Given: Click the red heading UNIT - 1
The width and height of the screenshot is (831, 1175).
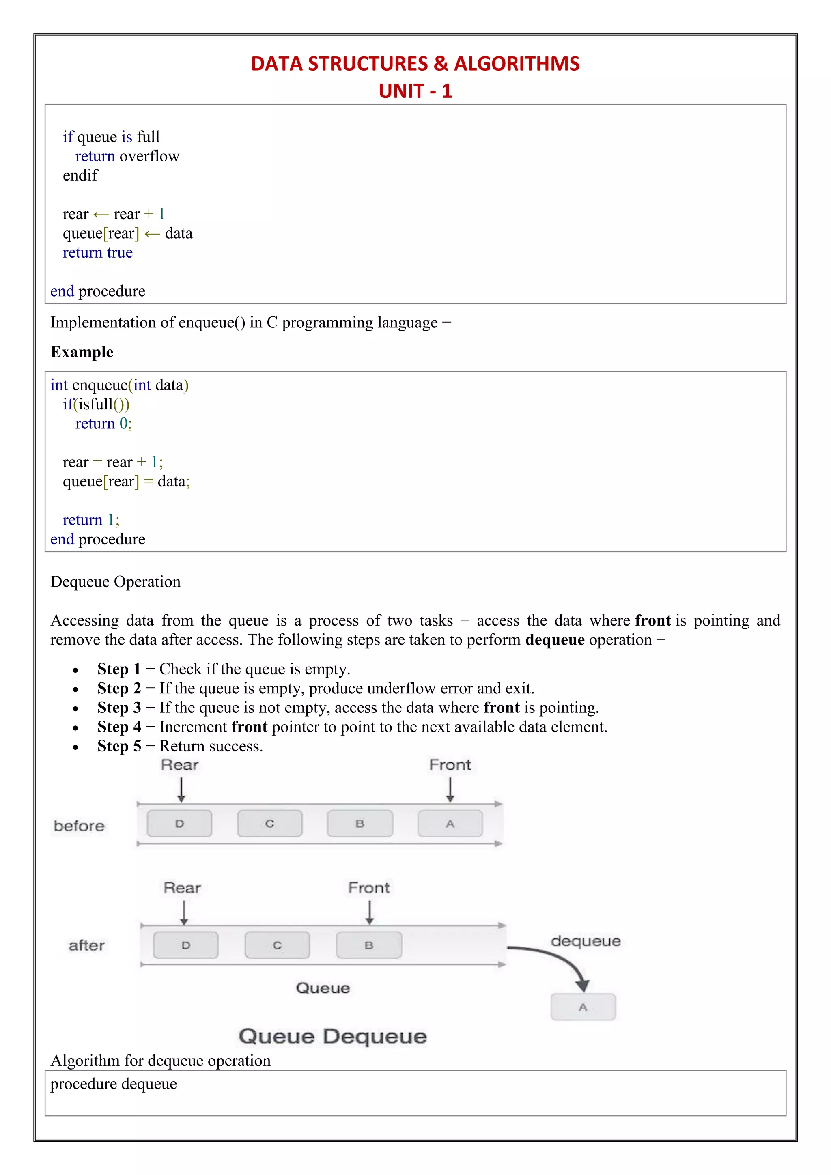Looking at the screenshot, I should [x=415, y=91].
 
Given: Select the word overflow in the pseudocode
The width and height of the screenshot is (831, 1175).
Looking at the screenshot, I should [x=149, y=156].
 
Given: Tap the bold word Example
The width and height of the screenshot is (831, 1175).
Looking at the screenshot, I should [x=82, y=352].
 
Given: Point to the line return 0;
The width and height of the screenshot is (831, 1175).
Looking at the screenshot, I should [x=103, y=424].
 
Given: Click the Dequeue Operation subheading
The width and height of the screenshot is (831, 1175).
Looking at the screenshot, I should [x=115, y=582].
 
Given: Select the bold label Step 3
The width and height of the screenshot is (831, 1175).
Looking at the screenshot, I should [x=119, y=708].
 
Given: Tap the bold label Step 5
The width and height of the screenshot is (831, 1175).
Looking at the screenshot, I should [x=119, y=746].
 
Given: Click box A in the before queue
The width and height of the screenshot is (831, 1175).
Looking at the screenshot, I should [x=450, y=823].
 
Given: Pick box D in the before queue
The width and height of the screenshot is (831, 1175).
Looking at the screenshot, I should [x=179, y=823].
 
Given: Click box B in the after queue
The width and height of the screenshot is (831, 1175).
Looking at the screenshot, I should [x=369, y=945].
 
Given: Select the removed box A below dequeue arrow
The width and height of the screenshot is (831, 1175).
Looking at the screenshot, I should [x=583, y=1007].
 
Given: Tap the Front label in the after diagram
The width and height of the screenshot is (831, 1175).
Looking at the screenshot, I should [x=368, y=887].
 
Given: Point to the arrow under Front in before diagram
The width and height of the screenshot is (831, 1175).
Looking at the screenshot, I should [x=450, y=790].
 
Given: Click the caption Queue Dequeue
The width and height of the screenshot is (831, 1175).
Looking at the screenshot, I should [x=333, y=1036].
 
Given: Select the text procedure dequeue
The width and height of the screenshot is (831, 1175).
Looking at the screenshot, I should [x=114, y=1084].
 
